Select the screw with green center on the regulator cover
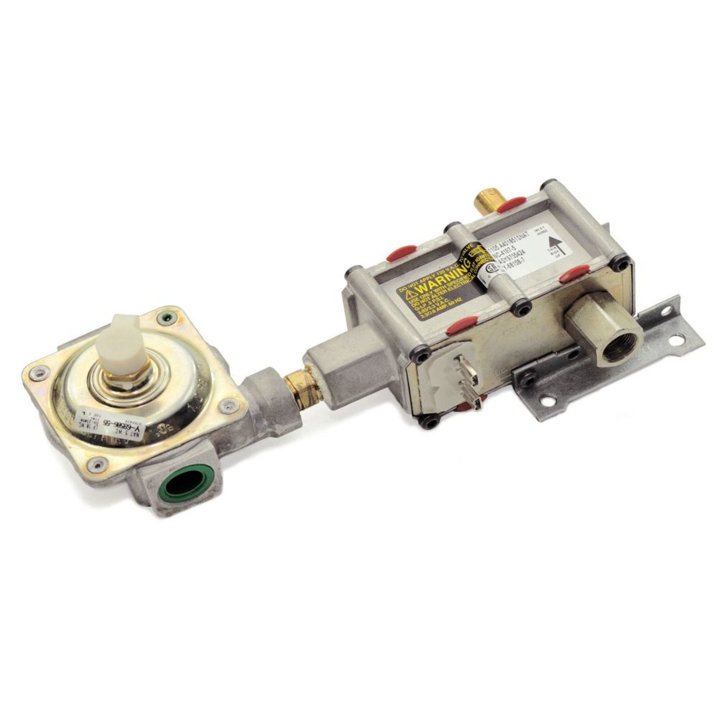164,317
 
